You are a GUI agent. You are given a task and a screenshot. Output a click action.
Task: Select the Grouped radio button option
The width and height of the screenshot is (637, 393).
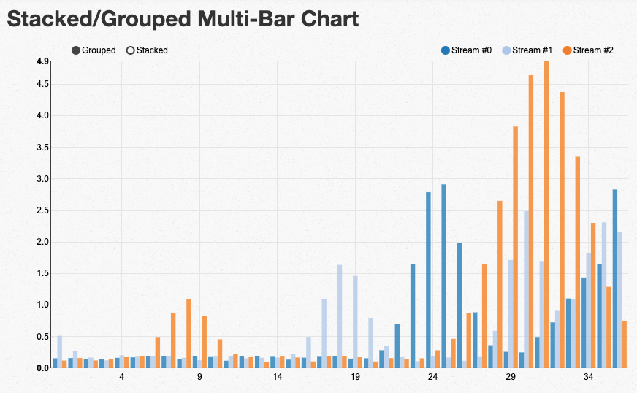click(76, 50)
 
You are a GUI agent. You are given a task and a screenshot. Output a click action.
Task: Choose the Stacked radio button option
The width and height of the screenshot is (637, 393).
click(131, 50)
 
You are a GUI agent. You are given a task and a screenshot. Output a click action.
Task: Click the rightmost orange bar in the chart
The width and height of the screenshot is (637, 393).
click(625, 344)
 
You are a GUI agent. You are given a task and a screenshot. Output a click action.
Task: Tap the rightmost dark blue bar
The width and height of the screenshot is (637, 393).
click(615, 278)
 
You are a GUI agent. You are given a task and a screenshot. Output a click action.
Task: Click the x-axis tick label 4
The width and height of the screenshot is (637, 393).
click(121, 378)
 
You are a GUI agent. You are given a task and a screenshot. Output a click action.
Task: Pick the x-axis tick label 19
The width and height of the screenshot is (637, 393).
click(355, 378)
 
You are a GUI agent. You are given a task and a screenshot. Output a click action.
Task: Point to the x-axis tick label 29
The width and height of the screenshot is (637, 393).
click(511, 378)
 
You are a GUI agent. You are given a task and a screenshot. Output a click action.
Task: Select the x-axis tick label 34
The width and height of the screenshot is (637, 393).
click(589, 378)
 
